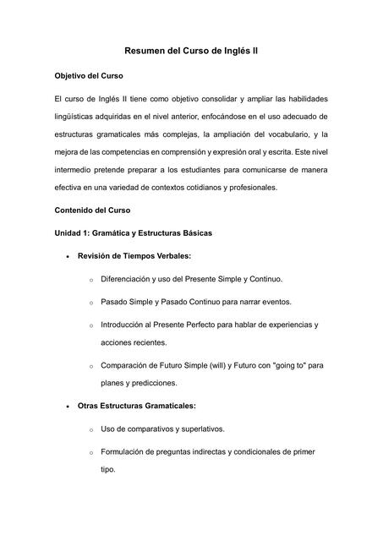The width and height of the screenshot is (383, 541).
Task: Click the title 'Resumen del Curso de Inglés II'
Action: [x=191, y=51]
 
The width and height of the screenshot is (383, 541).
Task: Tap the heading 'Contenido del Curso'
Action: [x=94, y=210]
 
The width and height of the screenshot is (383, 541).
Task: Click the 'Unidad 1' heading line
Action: [x=134, y=232]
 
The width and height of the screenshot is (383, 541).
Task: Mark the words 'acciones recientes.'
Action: [x=134, y=342]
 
